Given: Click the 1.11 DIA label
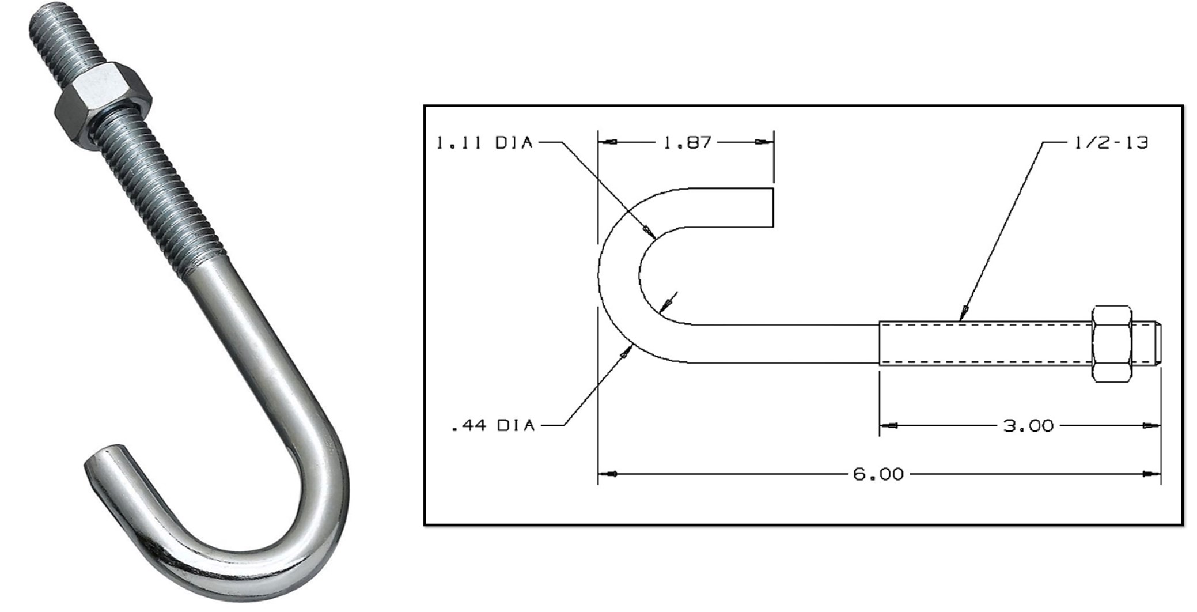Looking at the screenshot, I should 484,142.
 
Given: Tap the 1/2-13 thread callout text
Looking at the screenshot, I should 1111,142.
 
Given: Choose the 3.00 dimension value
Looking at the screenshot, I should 1028,426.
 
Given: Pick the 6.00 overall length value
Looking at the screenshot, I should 878,474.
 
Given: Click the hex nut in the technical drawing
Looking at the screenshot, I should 1111,343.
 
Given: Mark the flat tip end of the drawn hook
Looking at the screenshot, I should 772,208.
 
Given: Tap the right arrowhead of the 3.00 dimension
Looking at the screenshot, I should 1153,426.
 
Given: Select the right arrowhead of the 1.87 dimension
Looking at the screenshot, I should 764,142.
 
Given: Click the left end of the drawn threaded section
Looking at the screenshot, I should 880,343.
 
